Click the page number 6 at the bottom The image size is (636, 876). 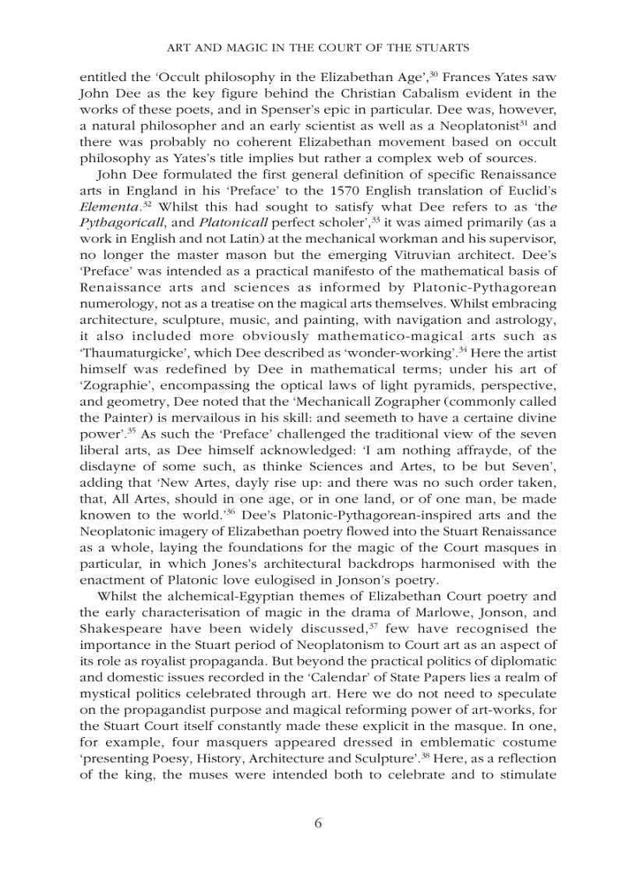pyautogui.click(x=318, y=824)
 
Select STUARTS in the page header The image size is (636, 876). pyautogui.click(x=441, y=48)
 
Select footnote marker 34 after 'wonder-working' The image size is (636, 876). pyautogui.click(x=463, y=349)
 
